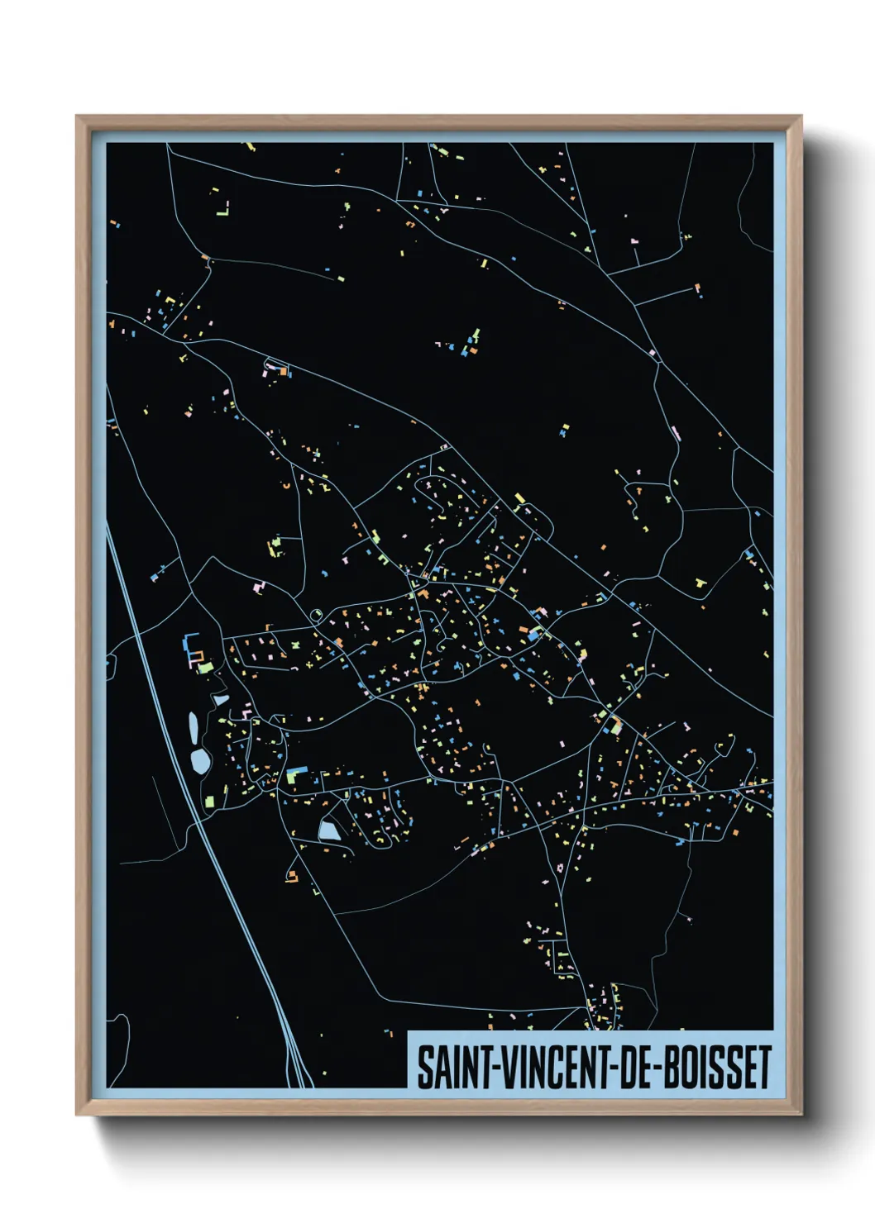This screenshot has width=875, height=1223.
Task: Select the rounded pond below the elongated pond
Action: (200, 761)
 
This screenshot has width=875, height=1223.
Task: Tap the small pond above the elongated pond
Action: (221, 700)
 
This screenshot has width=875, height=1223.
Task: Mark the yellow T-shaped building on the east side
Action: (701, 583)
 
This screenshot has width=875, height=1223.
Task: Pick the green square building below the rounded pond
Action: (209, 801)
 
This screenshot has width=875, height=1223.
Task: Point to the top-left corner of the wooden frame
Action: (78, 117)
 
